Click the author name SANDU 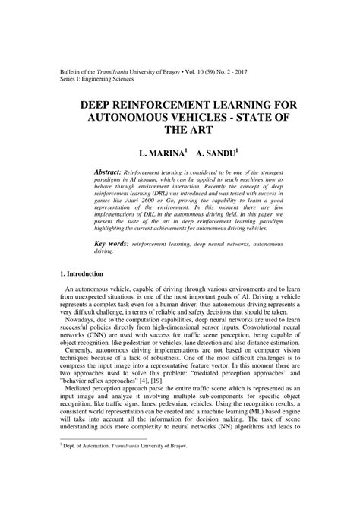click(x=217, y=153)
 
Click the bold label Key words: click(x=112, y=245)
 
